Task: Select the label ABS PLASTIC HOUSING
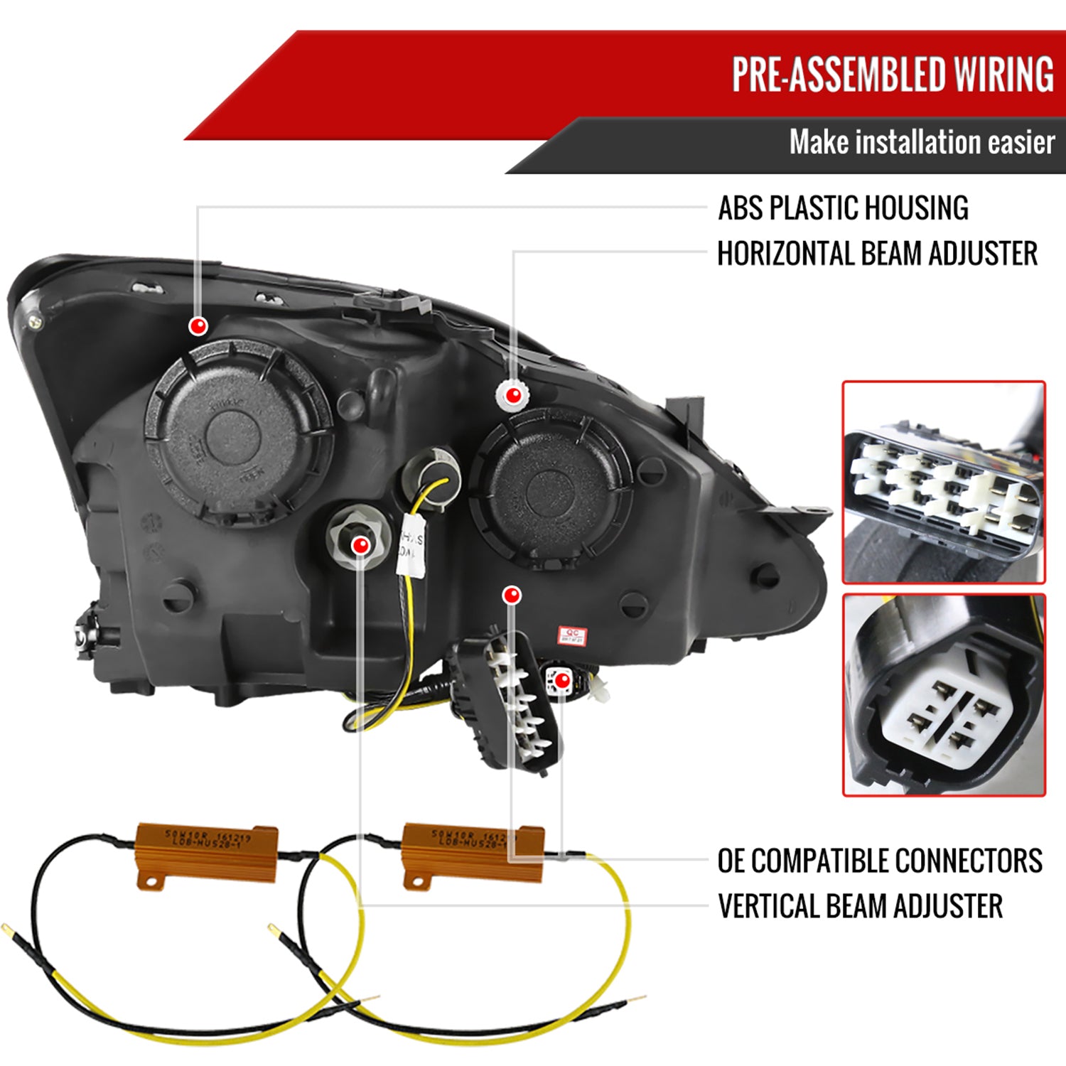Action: [843, 208]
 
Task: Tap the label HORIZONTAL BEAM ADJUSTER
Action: [877, 254]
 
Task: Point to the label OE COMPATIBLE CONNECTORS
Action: [880, 861]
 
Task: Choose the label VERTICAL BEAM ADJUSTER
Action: [860, 906]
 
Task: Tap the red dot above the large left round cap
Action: [198, 326]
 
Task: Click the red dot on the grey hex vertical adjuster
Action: [361, 545]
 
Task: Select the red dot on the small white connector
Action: [562, 681]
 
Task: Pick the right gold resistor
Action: [473, 853]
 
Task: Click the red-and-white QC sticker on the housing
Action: [572, 635]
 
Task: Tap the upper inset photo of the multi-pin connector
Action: [943, 482]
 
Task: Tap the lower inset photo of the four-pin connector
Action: [944, 694]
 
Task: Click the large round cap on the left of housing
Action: [238, 432]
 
